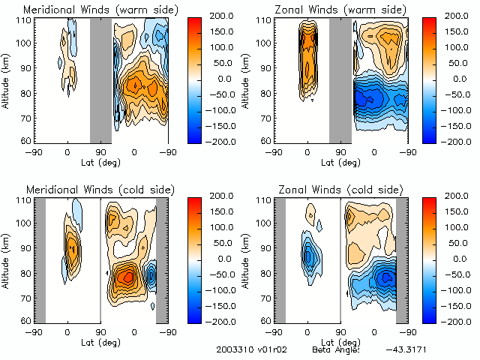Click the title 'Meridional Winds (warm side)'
(101, 9)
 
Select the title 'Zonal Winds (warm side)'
(342, 9)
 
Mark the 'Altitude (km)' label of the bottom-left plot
(7, 259)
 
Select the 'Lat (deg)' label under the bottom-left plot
(100, 342)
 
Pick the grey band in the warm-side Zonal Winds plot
(340, 79)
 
